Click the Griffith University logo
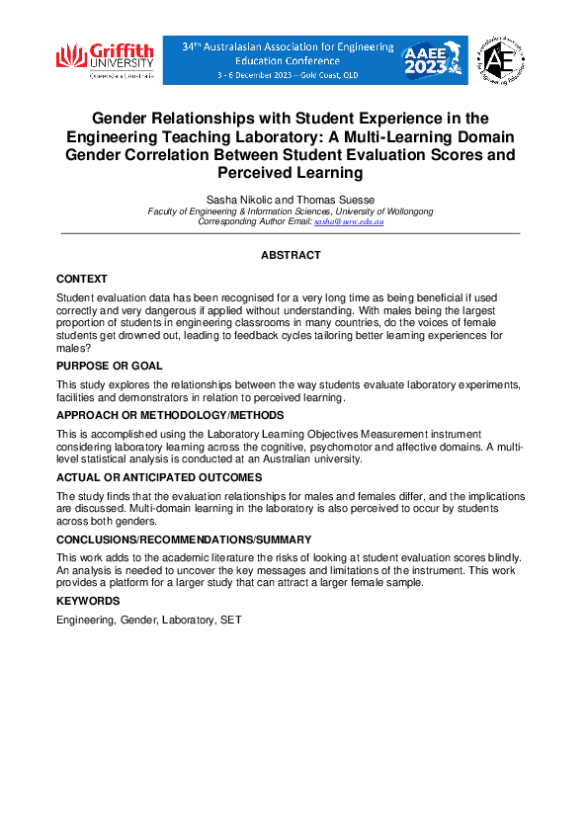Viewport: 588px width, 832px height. [x=105, y=60]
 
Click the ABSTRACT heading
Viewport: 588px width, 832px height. [x=291, y=255]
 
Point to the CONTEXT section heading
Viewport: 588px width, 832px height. [x=82, y=280]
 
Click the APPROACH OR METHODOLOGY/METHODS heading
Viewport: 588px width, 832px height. [x=170, y=415]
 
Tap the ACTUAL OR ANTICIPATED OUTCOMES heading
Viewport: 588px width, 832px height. [x=159, y=477]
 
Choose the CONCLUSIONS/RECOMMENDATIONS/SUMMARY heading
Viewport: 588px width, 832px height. [x=184, y=540]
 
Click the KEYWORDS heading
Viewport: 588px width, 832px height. [x=88, y=601]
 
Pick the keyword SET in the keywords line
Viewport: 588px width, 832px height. [x=231, y=620]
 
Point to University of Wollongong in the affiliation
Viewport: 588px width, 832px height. [x=386, y=211]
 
